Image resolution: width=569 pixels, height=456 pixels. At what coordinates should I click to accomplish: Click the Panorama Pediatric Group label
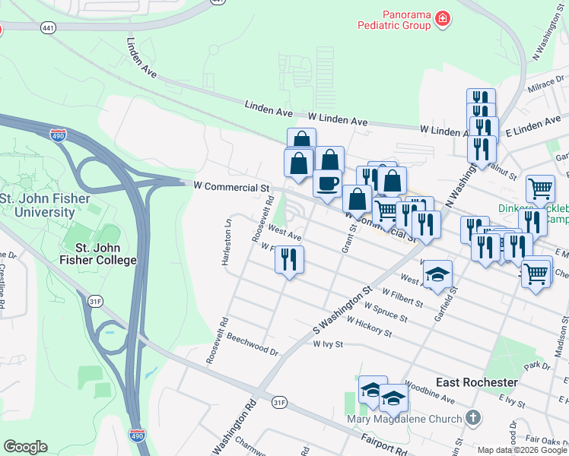click(x=394, y=20)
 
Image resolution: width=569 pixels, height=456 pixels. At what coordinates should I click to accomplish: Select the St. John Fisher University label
click(x=47, y=205)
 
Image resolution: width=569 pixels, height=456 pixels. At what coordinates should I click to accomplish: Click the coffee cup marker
click(x=328, y=183)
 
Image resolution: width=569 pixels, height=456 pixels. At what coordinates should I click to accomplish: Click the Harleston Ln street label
click(x=226, y=242)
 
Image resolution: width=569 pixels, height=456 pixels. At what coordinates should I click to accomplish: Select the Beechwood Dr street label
click(x=253, y=347)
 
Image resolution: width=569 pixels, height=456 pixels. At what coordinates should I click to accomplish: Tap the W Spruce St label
click(x=387, y=310)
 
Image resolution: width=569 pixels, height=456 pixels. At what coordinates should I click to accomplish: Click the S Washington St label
click(x=343, y=309)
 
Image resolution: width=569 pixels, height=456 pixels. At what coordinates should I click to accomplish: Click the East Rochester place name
click(x=477, y=382)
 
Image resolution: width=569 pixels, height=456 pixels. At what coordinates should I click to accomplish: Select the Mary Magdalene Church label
click(x=404, y=419)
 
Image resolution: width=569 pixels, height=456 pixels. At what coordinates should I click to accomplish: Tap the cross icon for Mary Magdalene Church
click(x=473, y=418)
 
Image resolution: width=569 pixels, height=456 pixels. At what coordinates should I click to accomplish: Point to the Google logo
click(x=25, y=447)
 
